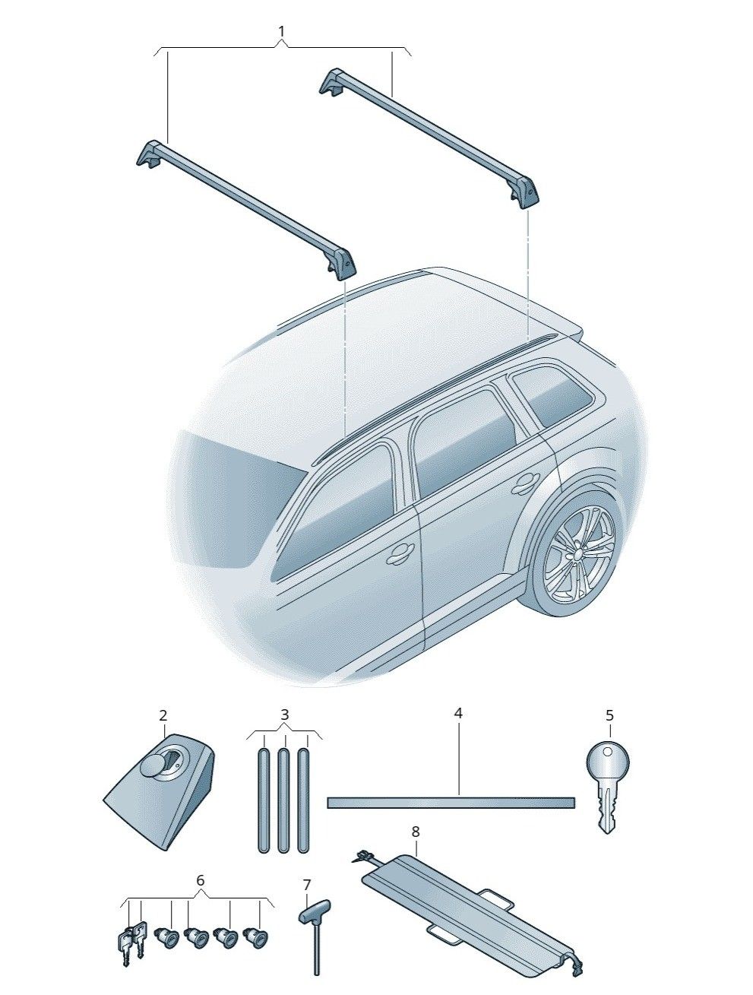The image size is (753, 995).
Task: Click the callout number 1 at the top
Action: (x=281, y=32)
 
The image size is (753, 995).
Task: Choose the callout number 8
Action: (x=416, y=832)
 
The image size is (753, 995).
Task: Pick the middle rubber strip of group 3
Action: (x=283, y=800)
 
